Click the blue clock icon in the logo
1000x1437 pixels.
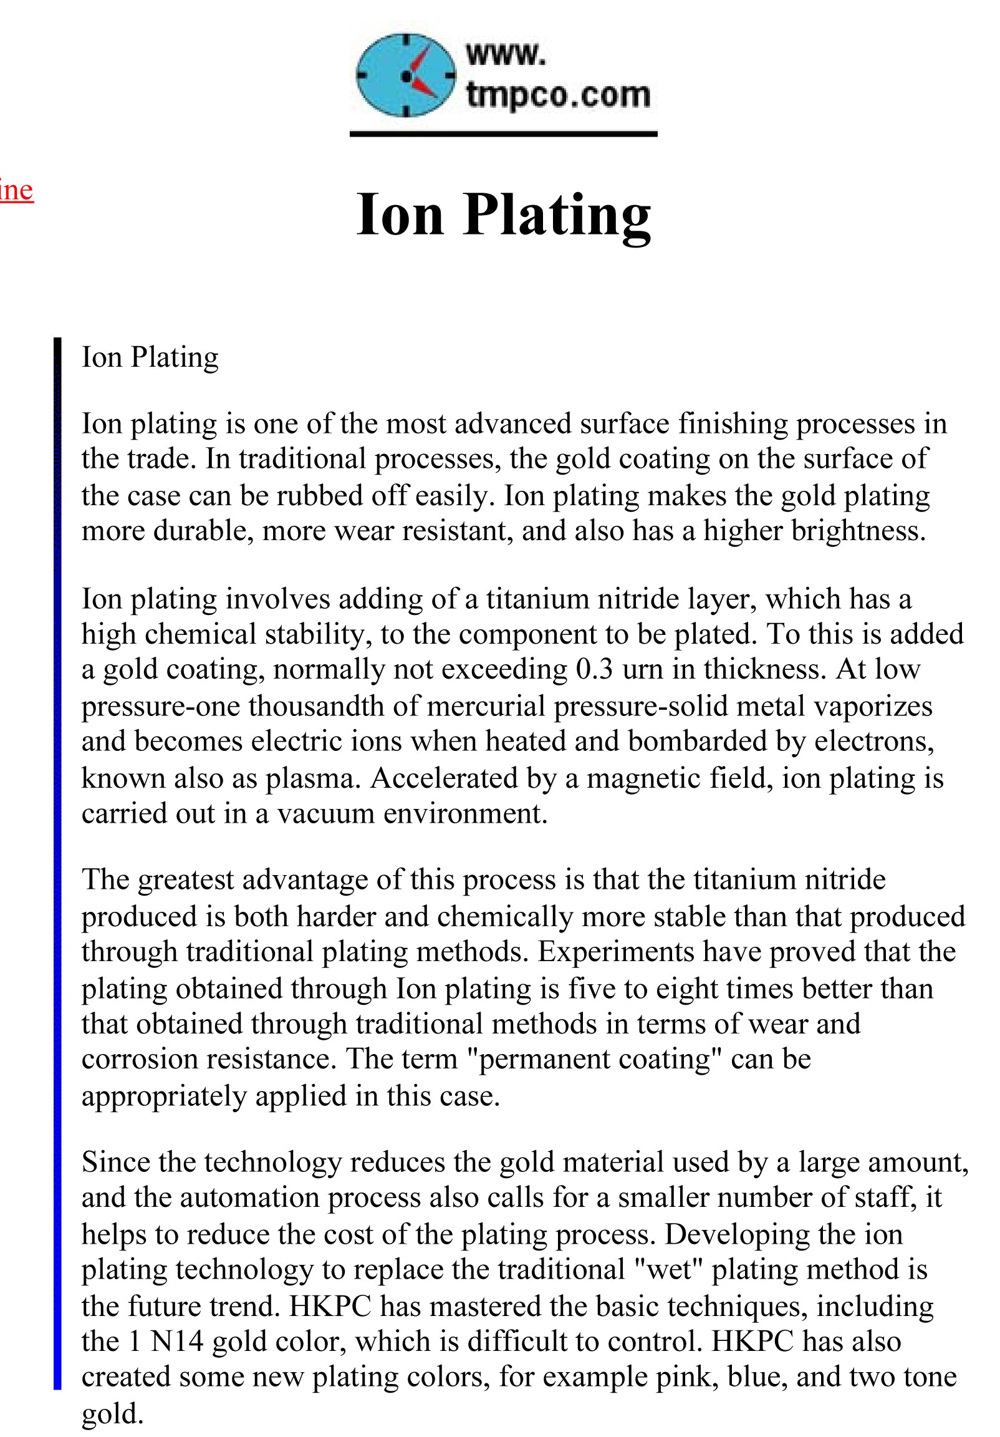pos(405,75)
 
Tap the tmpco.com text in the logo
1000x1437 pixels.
pos(557,95)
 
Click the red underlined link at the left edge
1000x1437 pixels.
pos(16,190)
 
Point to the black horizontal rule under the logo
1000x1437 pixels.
pos(503,134)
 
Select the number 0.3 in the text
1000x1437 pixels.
pos(594,669)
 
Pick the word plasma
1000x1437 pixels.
pos(312,778)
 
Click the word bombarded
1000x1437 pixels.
pos(697,741)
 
